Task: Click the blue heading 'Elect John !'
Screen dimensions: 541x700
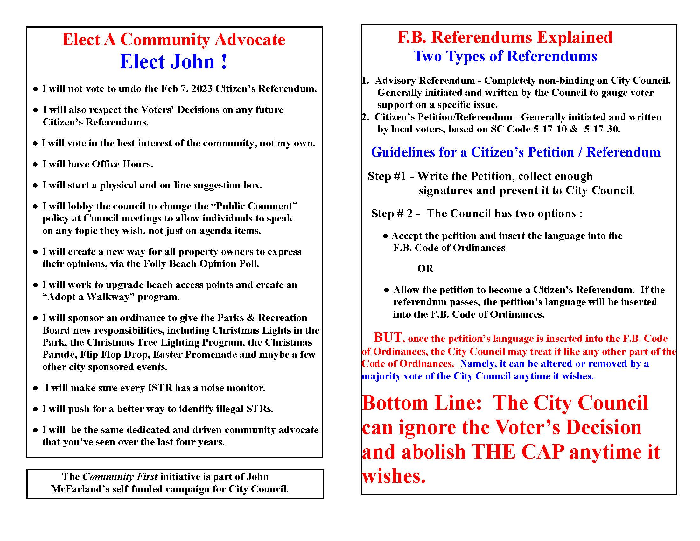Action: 173,61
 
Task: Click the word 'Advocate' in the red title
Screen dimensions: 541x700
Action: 250,39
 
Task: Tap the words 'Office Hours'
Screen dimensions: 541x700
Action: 122,164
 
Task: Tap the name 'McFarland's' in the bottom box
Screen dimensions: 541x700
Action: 79,489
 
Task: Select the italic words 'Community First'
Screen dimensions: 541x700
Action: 120,477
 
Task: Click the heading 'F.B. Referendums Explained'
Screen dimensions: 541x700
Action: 505,37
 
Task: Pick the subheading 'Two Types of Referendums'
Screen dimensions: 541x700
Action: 505,56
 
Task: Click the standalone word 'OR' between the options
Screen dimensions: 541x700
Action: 425,269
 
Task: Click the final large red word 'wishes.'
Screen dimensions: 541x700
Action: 394,476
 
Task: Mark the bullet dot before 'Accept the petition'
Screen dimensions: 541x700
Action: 385,236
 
